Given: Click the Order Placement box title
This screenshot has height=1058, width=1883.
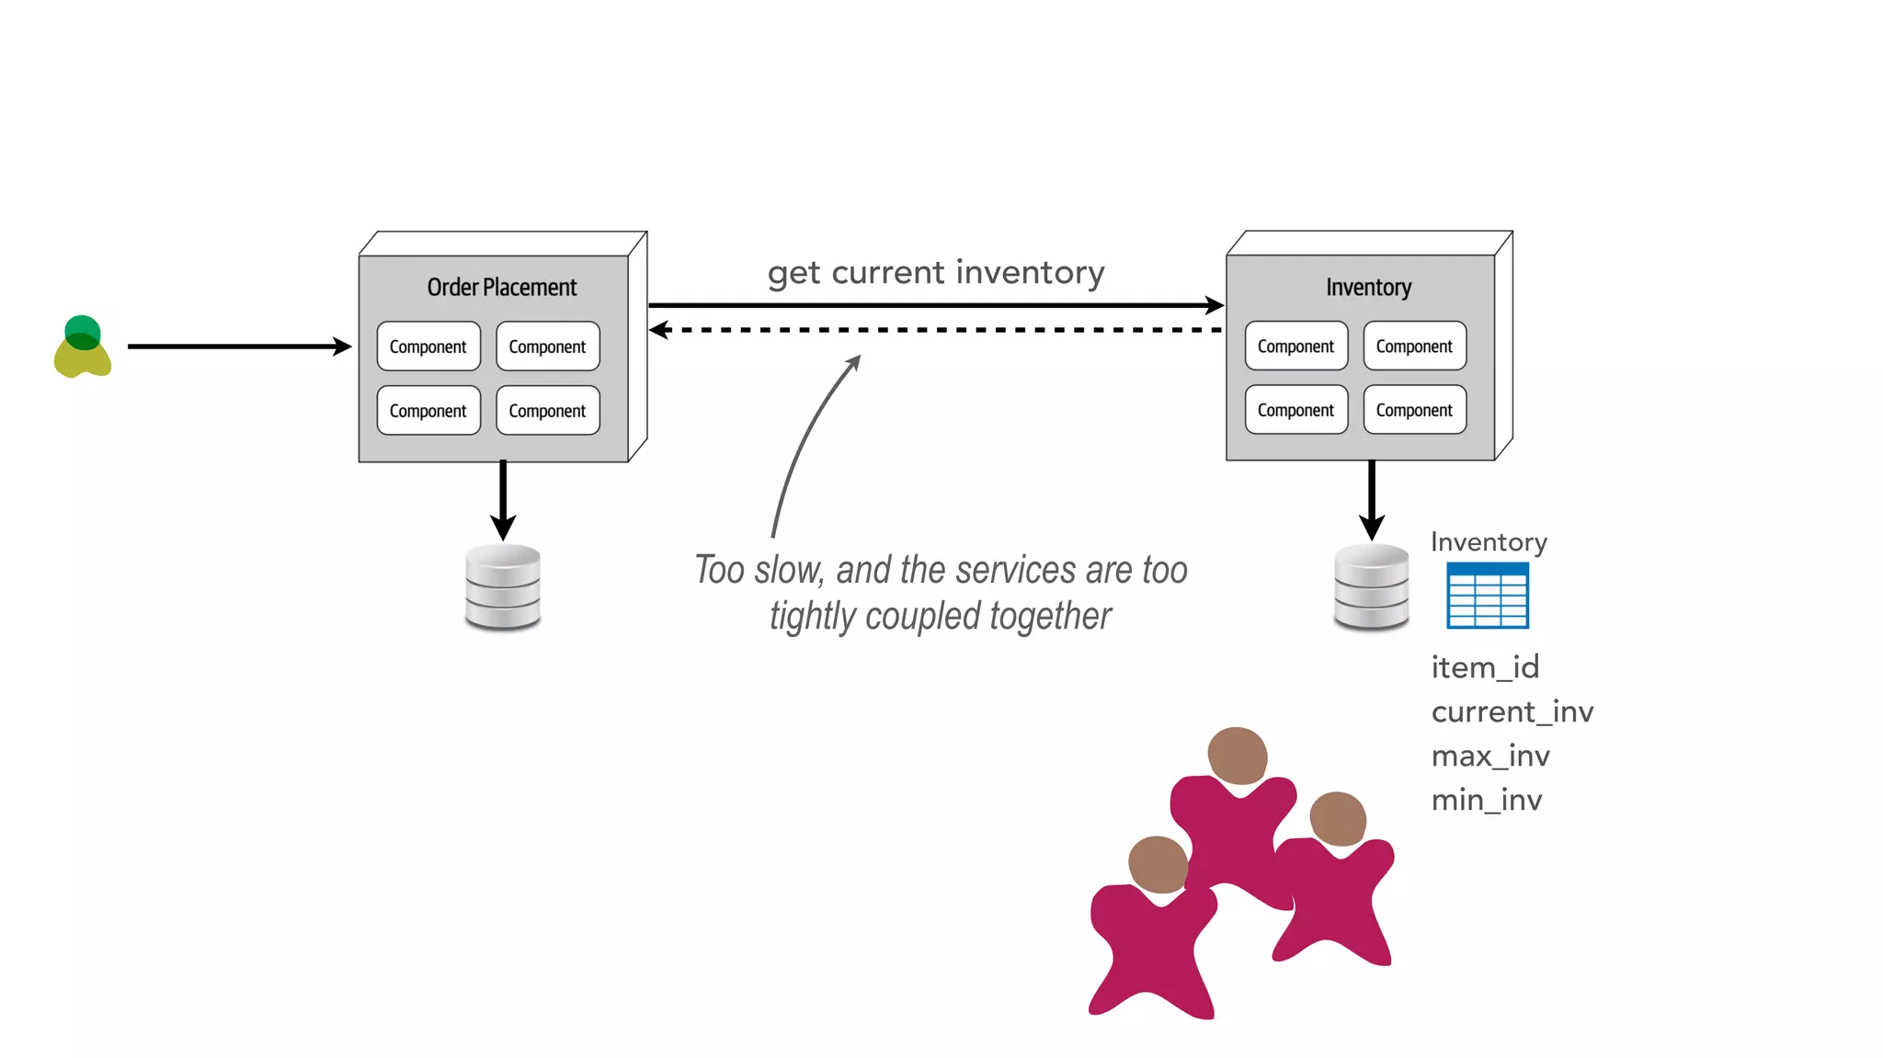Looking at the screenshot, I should (502, 287).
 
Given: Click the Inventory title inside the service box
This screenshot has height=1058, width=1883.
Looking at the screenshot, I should (1368, 287).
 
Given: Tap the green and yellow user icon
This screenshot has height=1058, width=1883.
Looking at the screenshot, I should (83, 347).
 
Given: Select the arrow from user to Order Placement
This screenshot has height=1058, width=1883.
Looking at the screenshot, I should (239, 347).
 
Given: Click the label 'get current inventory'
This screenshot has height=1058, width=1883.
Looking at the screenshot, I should (936, 273).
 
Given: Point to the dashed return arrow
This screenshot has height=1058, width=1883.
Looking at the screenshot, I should (936, 330).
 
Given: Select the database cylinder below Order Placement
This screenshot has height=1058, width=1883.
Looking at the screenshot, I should (503, 587).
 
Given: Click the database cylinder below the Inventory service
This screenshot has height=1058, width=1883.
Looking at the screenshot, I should (1371, 587).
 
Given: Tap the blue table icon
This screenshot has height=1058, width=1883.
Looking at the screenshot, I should (1487, 596).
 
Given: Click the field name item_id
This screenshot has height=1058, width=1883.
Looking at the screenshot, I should (1485, 667).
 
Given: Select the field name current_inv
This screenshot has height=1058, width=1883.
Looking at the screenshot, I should (1512, 711).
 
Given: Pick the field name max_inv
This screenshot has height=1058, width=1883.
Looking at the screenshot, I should (1490, 756).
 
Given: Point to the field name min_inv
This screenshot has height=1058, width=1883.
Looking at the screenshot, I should (1487, 800).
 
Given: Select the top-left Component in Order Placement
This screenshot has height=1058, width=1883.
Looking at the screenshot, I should (428, 347).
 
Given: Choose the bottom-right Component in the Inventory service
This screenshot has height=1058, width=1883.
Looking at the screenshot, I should (1414, 410).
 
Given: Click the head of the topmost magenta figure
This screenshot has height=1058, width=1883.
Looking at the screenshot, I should (1238, 756).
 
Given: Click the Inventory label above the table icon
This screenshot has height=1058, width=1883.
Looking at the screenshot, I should (1489, 542).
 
